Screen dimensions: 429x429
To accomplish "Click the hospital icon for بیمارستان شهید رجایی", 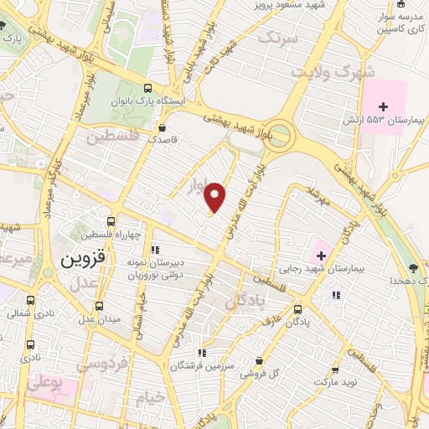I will pos(322,254).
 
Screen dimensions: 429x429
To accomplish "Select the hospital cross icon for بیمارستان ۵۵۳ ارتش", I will pos(385,106).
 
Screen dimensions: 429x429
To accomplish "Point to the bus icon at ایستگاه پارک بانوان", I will pos(148,87).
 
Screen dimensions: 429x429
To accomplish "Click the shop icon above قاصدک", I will pos(162,128).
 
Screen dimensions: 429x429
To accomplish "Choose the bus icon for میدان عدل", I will pos(100,306).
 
